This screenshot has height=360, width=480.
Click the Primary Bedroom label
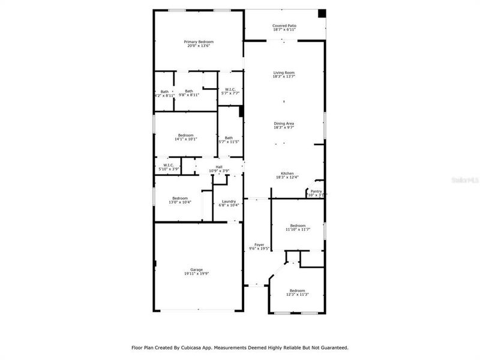[x=199, y=44]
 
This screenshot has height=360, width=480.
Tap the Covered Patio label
[x=284, y=28]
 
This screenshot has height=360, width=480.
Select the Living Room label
[x=284, y=75]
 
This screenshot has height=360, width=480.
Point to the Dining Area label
[x=284, y=125]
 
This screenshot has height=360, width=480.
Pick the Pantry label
[x=316, y=193]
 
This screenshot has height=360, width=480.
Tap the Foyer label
[x=259, y=247]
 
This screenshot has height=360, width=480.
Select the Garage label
[x=197, y=271]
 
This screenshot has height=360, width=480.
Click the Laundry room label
[x=229, y=203]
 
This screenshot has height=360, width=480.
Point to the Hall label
[x=219, y=169]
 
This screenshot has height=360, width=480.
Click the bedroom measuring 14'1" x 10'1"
[x=185, y=137]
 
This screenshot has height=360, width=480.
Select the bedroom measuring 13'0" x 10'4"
[x=180, y=200]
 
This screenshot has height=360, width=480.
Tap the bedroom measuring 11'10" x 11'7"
[x=298, y=227]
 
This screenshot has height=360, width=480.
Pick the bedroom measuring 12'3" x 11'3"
[x=298, y=292]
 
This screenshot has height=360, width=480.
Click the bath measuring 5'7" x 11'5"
[x=229, y=139]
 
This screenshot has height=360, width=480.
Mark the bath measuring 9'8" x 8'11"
[x=189, y=93]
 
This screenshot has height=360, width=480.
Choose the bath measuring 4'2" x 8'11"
[x=164, y=93]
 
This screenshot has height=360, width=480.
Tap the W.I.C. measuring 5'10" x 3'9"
[x=169, y=167]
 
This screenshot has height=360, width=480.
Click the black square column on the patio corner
[x=322, y=14]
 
